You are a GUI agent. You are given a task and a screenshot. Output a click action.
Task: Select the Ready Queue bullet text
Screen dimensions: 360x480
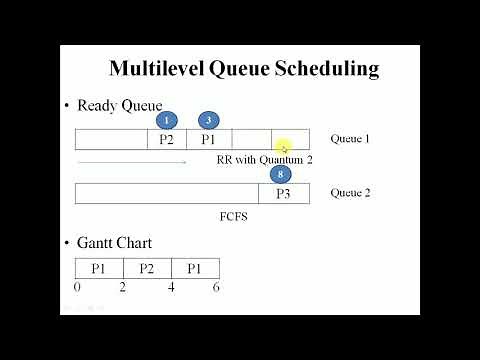119,105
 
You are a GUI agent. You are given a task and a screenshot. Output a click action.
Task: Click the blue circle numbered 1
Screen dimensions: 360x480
167,120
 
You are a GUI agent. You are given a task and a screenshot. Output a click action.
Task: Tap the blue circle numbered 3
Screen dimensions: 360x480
208,120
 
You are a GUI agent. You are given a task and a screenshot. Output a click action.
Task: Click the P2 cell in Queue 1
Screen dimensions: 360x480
166,140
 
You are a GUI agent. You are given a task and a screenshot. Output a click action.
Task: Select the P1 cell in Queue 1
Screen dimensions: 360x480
208,140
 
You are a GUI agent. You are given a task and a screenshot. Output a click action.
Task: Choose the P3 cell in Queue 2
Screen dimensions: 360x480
284,193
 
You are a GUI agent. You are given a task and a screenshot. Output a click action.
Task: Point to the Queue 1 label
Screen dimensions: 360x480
349,139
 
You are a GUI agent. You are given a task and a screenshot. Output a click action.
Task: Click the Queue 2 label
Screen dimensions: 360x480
350,192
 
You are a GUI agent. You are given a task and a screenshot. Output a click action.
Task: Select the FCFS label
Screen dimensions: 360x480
233,215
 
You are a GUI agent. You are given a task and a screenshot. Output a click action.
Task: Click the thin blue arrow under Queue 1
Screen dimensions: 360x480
130,160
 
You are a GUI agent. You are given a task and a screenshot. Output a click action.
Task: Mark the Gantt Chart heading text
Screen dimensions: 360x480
115,243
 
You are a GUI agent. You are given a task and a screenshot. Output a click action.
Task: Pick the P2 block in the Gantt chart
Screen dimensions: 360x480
147,268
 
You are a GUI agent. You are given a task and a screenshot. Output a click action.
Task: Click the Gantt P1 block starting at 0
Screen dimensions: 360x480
99,268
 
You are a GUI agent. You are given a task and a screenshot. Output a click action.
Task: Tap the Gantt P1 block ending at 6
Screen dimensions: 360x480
195,268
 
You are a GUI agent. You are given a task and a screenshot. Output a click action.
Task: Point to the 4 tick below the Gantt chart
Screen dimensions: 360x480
171,287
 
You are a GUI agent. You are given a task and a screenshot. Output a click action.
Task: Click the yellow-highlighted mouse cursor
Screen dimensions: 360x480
283,146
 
